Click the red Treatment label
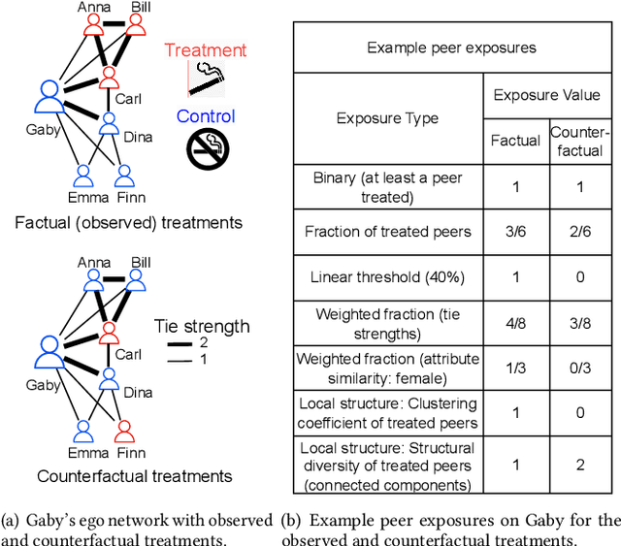pos(206,50)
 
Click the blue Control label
pos(206,117)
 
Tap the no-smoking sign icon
pos(207,150)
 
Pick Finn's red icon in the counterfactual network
pos(123,430)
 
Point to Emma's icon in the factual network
pos(83,176)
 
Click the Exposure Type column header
pos(387,118)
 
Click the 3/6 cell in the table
pos(515,231)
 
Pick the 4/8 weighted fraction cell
pos(515,324)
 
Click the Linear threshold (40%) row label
pos(387,277)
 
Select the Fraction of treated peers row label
pos(387,231)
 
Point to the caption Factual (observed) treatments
pos(128,222)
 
